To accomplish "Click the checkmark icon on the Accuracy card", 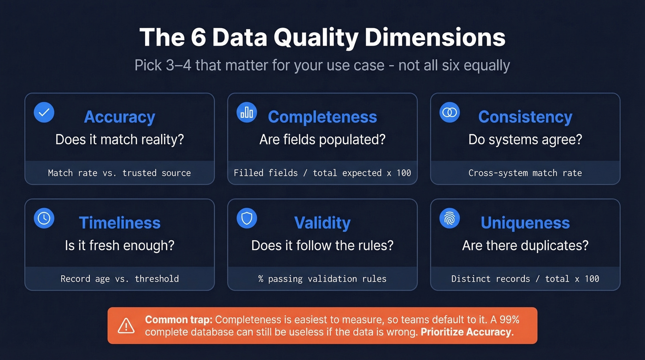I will click(44, 112).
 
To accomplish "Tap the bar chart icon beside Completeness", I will click(247, 112).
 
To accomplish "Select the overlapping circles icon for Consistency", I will click(450, 112).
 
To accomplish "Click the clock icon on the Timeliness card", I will click(44, 218).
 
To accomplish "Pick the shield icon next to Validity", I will click(247, 218).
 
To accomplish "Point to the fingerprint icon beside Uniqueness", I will click(450, 218).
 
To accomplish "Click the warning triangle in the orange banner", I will click(126, 325).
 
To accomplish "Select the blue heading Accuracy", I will click(119, 117).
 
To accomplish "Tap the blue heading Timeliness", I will click(119, 223).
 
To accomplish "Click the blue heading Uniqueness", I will click(525, 223).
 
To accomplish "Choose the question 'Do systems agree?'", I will click(525, 140).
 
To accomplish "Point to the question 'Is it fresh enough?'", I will click(119, 245).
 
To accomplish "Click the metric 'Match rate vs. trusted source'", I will click(119, 173).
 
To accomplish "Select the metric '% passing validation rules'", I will click(322, 279).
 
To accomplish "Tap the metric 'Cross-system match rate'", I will click(525, 173).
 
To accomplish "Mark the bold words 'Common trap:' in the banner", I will click(178, 319).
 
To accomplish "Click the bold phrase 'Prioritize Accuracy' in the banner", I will click(466, 332).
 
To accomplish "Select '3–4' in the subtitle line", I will click(181, 65).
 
